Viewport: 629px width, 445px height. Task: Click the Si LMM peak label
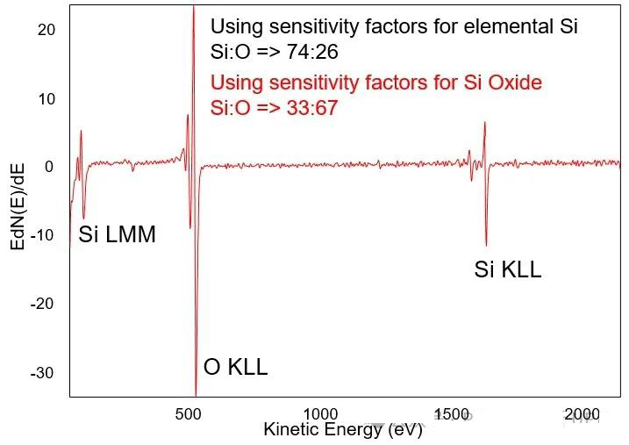coord(117,234)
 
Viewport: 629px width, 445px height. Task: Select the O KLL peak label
coord(235,367)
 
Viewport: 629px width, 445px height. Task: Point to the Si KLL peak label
coord(507,270)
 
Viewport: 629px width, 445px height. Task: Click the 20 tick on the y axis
coord(46,30)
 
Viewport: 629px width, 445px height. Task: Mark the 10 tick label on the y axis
coord(46,99)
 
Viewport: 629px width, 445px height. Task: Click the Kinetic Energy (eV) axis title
coord(343,430)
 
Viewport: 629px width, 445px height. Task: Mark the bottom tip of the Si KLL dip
coord(485,246)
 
